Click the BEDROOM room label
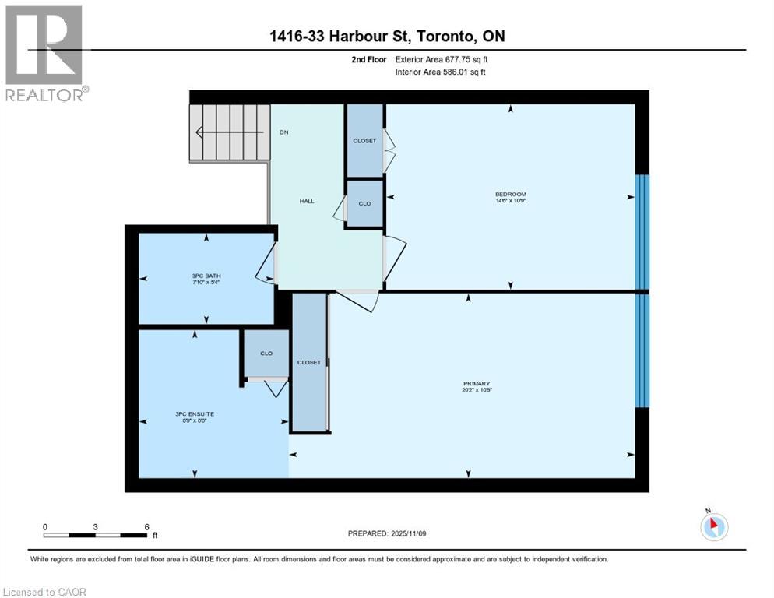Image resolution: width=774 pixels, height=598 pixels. [x=511, y=194]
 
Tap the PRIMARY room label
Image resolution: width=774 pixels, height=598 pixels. [x=476, y=383]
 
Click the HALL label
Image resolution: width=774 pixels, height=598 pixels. [x=307, y=201]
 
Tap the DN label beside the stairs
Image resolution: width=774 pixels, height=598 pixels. [x=284, y=132]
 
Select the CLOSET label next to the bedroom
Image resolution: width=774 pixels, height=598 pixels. [x=364, y=141]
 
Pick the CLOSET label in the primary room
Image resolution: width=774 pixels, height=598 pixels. [x=309, y=363]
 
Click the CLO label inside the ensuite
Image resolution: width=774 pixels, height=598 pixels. [x=266, y=354]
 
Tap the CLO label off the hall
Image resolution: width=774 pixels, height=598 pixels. [x=364, y=203]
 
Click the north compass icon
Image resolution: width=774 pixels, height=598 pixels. [x=713, y=526]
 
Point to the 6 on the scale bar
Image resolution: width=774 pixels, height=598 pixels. [x=146, y=527]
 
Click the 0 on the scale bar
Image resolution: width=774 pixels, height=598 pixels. [x=45, y=527]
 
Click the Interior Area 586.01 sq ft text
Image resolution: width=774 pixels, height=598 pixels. [x=445, y=72]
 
